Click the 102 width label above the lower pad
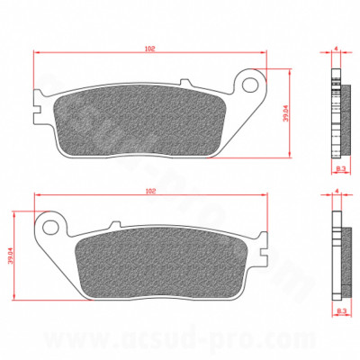click(x=151, y=191)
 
